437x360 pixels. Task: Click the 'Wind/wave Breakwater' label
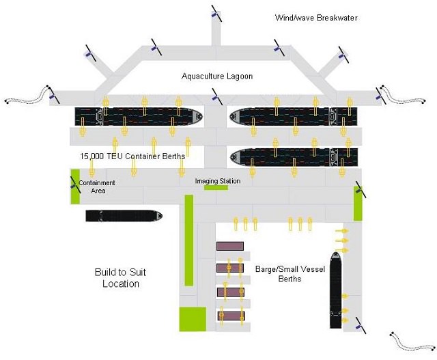[x=316, y=18]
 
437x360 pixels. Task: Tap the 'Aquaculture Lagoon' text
[x=217, y=77]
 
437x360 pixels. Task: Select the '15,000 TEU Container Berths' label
[x=132, y=156]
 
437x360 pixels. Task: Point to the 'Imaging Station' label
[x=217, y=181]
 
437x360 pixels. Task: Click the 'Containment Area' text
[x=96, y=186]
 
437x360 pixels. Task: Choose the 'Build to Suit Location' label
[x=120, y=277]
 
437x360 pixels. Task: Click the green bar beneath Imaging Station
[x=216, y=188]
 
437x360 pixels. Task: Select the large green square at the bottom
[x=192, y=319]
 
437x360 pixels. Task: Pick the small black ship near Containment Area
[x=124, y=216]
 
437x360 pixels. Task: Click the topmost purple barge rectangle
[x=230, y=245]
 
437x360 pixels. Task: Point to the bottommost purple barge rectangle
[x=230, y=316]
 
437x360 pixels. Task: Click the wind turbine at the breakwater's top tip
[x=215, y=12]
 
